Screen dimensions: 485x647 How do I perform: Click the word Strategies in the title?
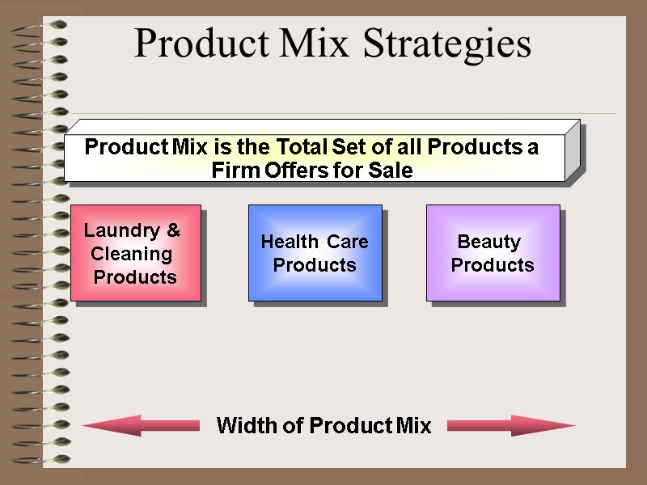(447, 44)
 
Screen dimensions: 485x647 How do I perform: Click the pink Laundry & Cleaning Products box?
(136, 253)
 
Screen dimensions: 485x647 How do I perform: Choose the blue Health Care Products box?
(315, 253)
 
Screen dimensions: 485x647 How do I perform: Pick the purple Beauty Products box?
(493, 253)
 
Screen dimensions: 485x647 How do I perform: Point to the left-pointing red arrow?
(141, 425)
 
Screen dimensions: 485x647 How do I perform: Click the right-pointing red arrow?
(510, 425)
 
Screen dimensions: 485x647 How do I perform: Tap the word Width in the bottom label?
(247, 425)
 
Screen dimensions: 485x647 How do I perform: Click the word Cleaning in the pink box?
(131, 254)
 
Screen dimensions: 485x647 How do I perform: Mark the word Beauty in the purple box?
(488, 242)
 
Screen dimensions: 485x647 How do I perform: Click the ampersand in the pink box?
(172, 230)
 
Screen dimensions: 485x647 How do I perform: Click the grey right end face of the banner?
(573, 151)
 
